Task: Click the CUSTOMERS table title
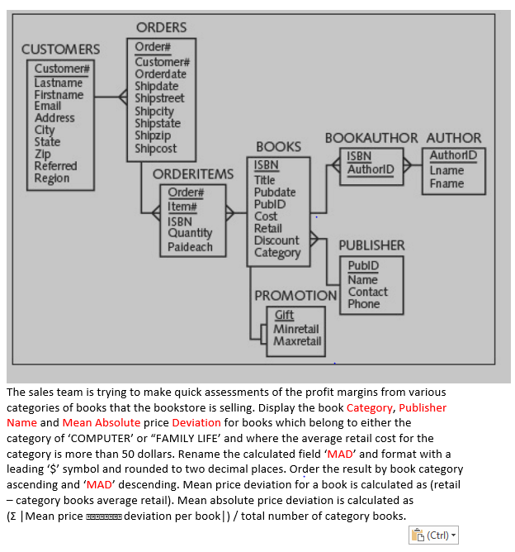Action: click(61, 50)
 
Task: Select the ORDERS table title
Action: click(161, 28)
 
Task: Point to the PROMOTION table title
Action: click(295, 295)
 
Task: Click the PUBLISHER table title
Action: click(371, 245)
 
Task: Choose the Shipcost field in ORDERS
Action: click(156, 149)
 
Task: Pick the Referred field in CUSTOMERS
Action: click(55, 166)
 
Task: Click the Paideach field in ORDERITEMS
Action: click(190, 246)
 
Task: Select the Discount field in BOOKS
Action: click(276, 240)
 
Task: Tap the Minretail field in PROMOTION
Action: click(296, 329)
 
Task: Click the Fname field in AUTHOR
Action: click(446, 183)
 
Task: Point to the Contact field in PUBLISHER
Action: click(367, 292)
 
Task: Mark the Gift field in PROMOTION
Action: click(284, 315)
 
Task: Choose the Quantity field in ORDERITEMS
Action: click(190, 234)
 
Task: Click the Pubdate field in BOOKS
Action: click(275, 192)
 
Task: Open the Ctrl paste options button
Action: click(432, 535)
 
